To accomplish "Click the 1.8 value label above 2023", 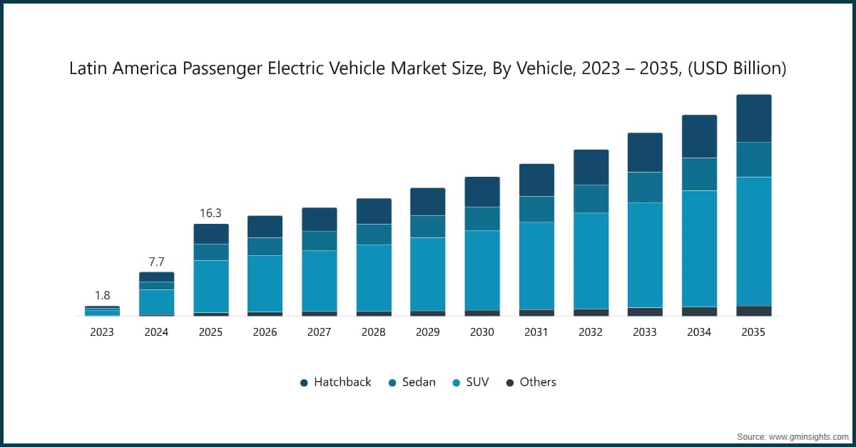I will pyautogui.click(x=102, y=295).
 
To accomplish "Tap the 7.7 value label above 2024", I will pyautogui.click(x=156, y=262).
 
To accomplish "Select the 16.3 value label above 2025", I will pyautogui.click(x=210, y=213).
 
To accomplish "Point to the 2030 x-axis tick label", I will pyautogui.click(x=481, y=332).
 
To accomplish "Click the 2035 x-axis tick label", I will pyautogui.click(x=753, y=332).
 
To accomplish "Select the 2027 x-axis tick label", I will pyautogui.click(x=319, y=332).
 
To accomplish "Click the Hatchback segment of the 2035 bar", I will pyautogui.click(x=753, y=118).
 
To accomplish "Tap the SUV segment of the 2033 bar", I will pyautogui.click(x=645, y=255).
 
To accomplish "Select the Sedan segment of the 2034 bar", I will pyautogui.click(x=699, y=174).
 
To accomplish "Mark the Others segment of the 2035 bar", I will pyautogui.click(x=753, y=311).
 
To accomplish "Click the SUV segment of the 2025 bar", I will pyautogui.click(x=210, y=286).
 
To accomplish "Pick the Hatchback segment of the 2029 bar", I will pyautogui.click(x=427, y=202).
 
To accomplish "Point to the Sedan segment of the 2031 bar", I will pyautogui.click(x=536, y=209).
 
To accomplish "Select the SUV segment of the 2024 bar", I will pyautogui.click(x=156, y=302).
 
